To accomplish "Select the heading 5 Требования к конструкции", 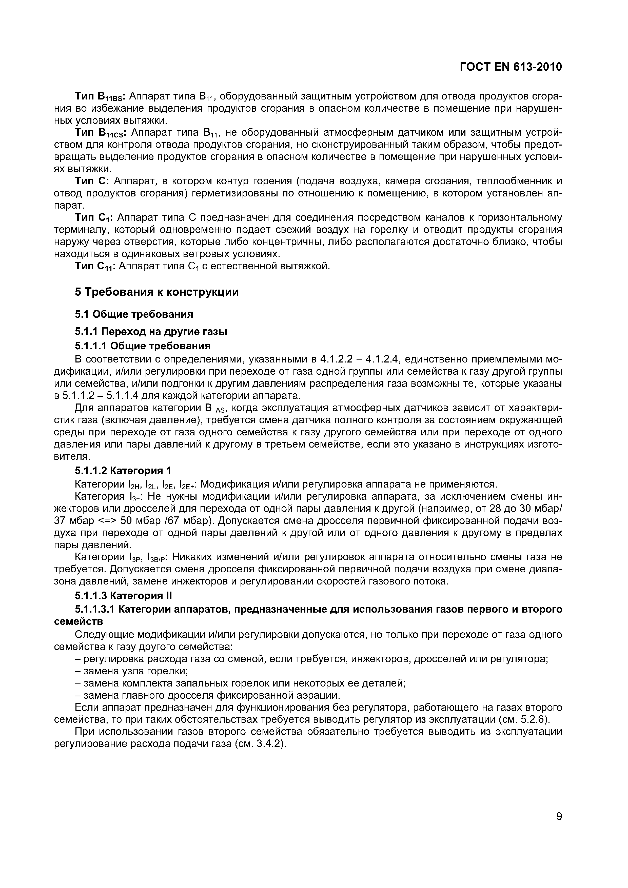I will [x=157, y=292].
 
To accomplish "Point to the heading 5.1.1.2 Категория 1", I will [x=123, y=471].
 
